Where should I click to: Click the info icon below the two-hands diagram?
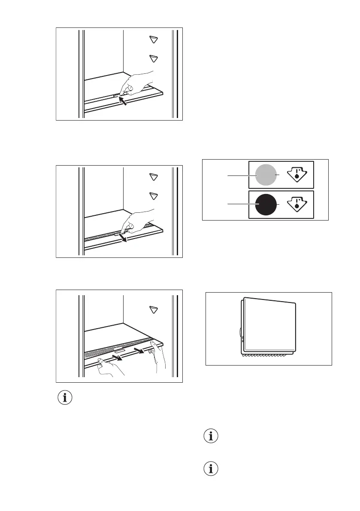point(65,398)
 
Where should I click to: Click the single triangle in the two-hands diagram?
point(153,309)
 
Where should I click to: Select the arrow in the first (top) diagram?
point(123,101)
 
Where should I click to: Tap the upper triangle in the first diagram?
point(153,39)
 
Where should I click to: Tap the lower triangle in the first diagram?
point(153,58)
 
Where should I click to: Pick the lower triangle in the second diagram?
point(153,196)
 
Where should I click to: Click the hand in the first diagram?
point(137,83)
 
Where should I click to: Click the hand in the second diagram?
point(137,221)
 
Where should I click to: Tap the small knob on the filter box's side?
point(239,333)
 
